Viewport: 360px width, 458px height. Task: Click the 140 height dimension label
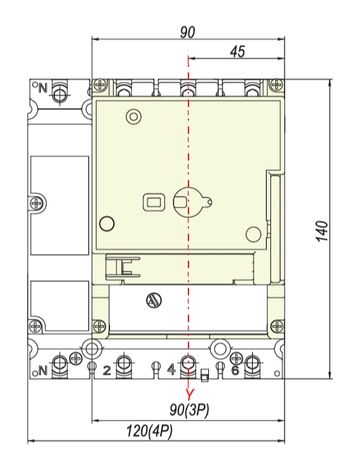click(322, 231)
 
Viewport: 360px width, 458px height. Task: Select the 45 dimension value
click(237, 52)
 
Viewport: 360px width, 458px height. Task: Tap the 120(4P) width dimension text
click(150, 431)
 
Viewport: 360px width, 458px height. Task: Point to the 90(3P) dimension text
click(189, 410)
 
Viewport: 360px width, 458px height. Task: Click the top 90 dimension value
click(187, 32)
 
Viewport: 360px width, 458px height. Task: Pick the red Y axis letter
click(190, 394)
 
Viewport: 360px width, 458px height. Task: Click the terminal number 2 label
click(107, 370)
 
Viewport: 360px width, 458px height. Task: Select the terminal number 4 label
click(172, 370)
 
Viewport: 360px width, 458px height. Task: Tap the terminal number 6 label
click(236, 370)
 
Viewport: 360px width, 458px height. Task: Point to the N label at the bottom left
click(42, 370)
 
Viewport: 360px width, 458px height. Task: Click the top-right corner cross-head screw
click(276, 85)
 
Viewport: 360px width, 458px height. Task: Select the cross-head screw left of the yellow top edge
click(100, 85)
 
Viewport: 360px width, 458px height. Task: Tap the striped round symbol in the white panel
click(154, 300)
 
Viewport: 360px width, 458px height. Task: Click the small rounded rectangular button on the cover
click(154, 202)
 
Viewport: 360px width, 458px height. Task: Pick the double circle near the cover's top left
click(133, 116)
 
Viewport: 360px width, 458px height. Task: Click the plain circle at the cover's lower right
click(253, 234)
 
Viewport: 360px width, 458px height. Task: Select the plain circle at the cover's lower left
click(107, 224)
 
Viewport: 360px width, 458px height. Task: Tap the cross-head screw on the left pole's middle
click(37, 203)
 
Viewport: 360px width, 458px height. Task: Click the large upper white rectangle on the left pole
click(60, 205)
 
